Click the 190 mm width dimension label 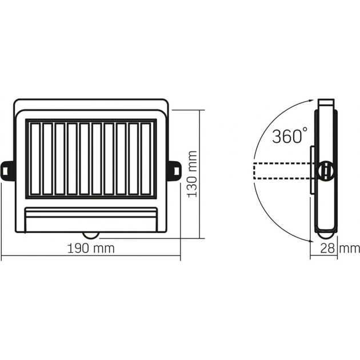coord(91,248)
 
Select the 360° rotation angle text coord(290,137)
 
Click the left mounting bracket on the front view coord(8,170)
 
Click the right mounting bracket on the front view coord(174,170)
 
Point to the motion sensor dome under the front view coord(91,233)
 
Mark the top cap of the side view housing coord(326,103)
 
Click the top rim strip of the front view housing coord(91,106)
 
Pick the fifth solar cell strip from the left coord(84,158)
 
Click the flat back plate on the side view coord(312,170)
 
